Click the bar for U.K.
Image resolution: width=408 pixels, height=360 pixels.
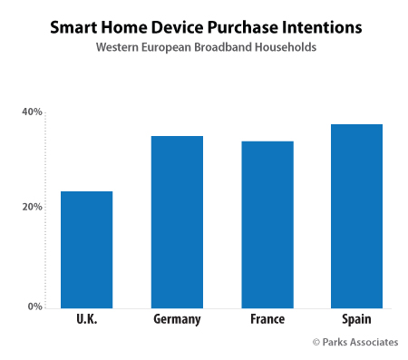(x=86, y=249)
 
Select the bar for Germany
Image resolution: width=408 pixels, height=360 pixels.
(x=177, y=221)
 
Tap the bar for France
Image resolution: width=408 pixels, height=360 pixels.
(x=267, y=224)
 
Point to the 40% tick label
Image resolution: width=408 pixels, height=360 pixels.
(x=32, y=112)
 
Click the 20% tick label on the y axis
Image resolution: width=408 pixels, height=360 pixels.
(x=32, y=207)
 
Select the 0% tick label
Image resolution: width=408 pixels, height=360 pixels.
(x=34, y=306)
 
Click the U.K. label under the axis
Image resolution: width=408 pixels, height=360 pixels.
(x=86, y=320)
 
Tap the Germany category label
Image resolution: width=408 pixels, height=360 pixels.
(x=177, y=320)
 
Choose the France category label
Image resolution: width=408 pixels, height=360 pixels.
(x=267, y=320)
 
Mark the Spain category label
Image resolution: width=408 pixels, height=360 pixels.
(x=356, y=320)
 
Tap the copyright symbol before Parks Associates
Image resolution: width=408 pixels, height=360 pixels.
(x=316, y=342)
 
